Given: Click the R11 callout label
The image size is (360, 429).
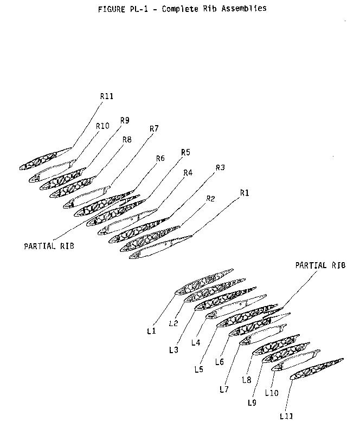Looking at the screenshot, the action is coord(106,96).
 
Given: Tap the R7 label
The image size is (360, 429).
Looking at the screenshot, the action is coord(154,128).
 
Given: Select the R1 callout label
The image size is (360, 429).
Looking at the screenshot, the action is coord(245,193).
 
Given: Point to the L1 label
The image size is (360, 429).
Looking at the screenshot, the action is coord(151,331).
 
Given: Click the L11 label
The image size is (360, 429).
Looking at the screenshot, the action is coord(286,417).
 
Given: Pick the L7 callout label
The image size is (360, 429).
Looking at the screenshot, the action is coord(224,389).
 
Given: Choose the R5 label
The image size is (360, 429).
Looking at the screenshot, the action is coord(185,152).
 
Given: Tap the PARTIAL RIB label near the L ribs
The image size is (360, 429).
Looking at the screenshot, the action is coord(320,265).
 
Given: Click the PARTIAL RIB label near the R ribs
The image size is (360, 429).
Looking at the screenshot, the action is coord(49,246).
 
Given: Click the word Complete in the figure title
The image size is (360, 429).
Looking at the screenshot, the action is coord(180,9).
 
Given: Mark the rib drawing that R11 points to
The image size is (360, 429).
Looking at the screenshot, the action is coord(46,159).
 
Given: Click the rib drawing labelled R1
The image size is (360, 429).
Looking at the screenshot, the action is coord(160,247).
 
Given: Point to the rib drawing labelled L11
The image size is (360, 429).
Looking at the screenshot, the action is coord(317,369).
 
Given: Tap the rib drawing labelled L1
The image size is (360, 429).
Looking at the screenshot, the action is coord(204,282).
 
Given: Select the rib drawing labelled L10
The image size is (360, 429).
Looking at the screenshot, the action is coord(295,360).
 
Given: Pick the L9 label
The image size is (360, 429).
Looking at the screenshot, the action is coord(252,403).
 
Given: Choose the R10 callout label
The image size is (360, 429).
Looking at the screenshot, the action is coord(102,126).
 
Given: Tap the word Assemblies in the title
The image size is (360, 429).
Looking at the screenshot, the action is coord(244,9).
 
